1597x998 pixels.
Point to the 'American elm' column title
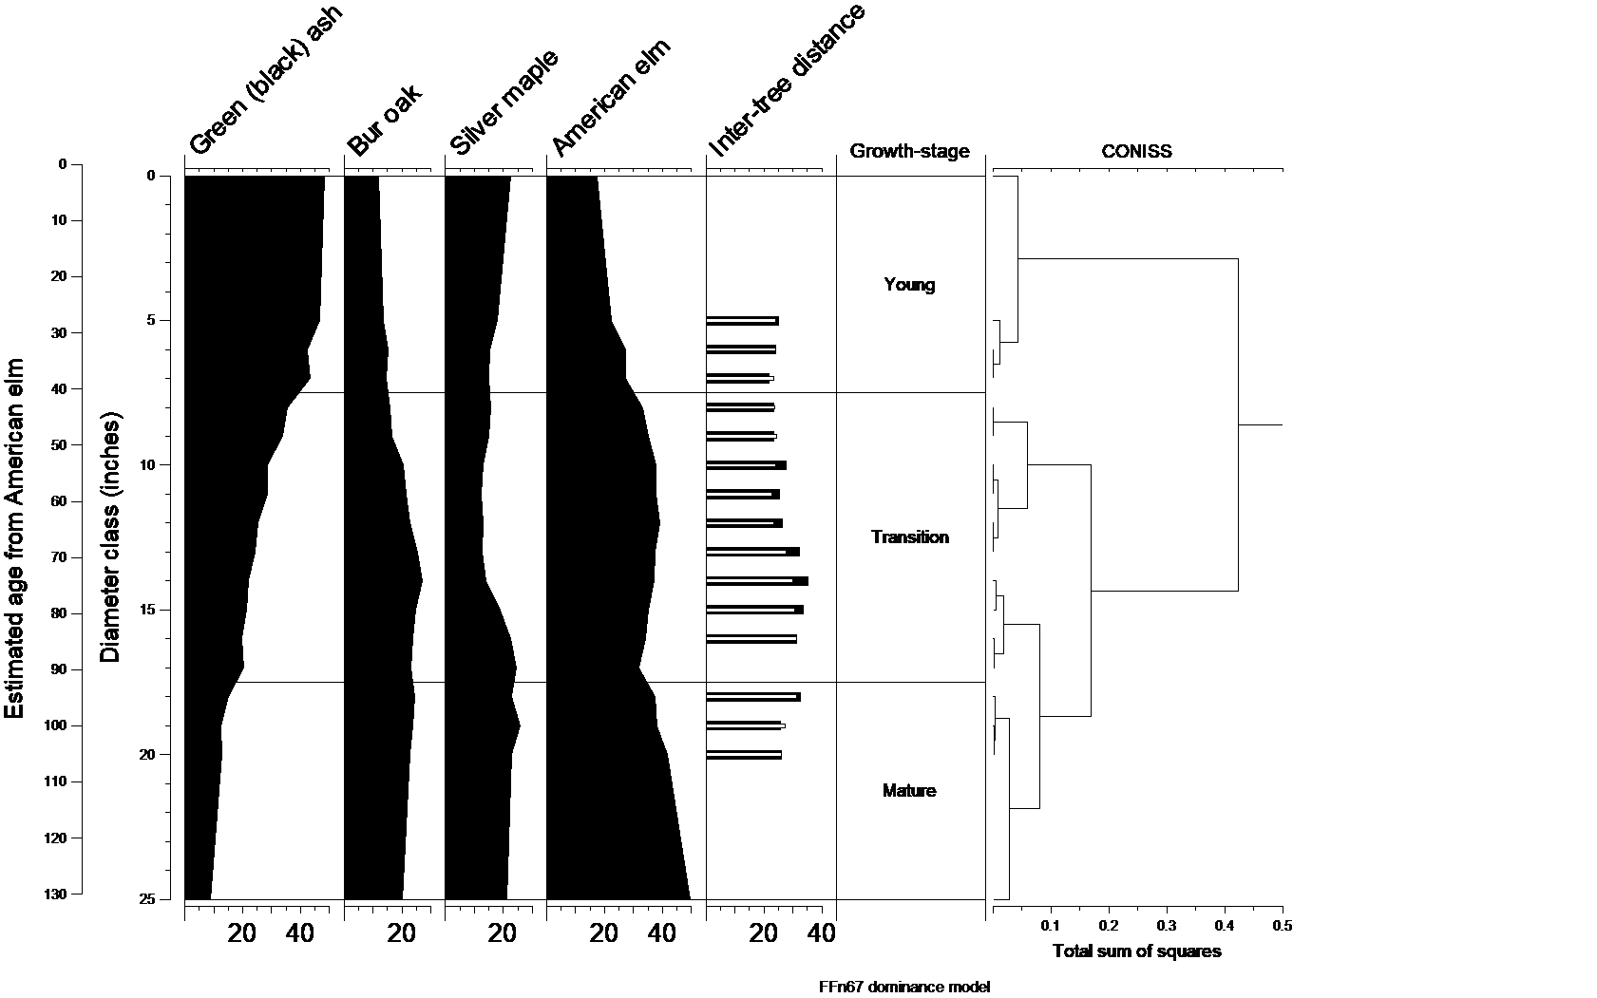tap(612, 98)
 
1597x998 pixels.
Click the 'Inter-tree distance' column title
tap(787, 80)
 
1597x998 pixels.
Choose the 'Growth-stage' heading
tap(909, 151)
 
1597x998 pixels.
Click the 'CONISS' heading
tap(1136, 151)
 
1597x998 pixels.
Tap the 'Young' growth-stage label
tap(909, 285)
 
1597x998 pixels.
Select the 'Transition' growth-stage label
tap(909, 537)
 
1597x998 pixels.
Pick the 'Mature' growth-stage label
tap(909, 791)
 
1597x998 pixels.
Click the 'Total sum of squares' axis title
tap(1136, 951)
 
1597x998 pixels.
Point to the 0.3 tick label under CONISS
tap(1167, 926)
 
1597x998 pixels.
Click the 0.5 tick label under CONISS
tap(1283, 926)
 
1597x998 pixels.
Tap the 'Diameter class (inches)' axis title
tap(111, 537)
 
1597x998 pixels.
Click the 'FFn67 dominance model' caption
tap(904, 987)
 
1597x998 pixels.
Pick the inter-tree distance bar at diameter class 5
tap(742, 321)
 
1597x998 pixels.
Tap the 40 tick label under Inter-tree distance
tap(822, 935)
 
